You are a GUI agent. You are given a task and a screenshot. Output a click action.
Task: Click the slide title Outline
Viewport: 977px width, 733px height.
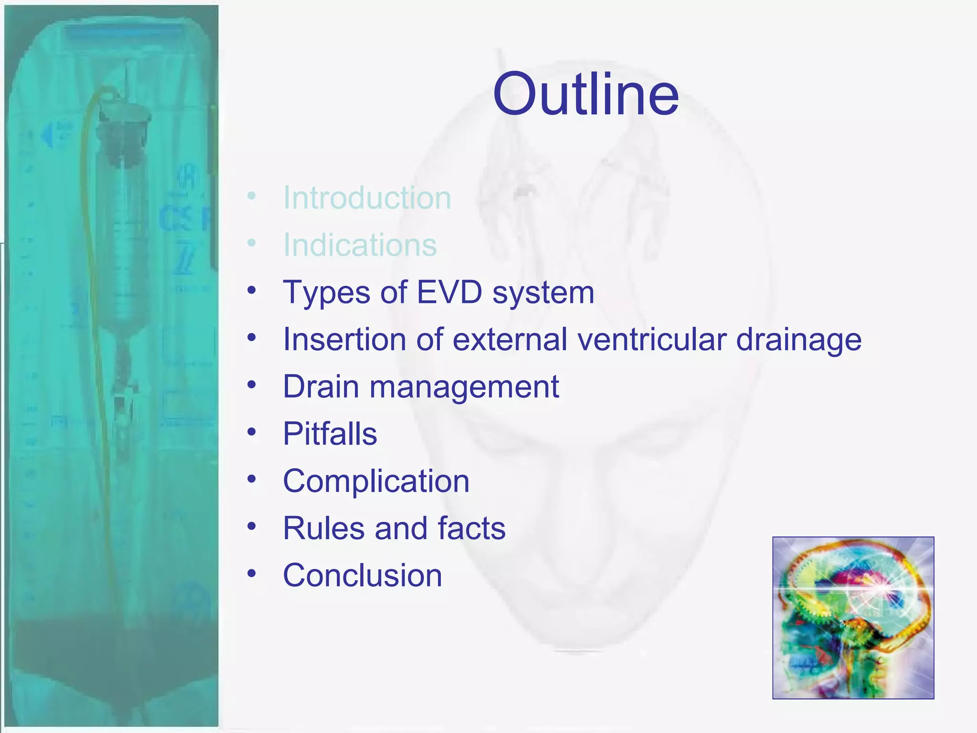pyautogui.click(x=586, y=94)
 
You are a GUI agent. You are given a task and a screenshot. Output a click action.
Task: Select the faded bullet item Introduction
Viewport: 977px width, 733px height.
pyautogui.click(x=367, y=198)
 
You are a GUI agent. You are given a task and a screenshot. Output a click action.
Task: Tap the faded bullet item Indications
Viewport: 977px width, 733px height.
pyautogui.click(x=360, y=245)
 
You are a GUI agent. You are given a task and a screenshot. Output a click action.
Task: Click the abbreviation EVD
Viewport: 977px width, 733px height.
pyautogui.click(x=449, y=292)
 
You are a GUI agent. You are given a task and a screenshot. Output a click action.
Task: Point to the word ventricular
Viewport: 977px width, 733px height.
pyautogui.click(x=652, y=339)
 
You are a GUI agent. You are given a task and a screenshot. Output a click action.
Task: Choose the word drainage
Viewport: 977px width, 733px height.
pyautogui.click(x=799, y=340)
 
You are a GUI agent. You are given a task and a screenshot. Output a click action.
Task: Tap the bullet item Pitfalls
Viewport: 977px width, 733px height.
pyautogui.click(x=330, y=434)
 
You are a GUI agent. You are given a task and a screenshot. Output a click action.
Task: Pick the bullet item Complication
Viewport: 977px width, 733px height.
pyautogui.click(x=376, y=481)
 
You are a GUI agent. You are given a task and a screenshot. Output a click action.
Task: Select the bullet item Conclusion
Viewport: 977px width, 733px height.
pyautogui.click(x=363, y=575)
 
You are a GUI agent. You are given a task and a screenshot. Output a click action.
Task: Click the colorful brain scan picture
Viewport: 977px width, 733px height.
pyautogui.click(x=853, y=618)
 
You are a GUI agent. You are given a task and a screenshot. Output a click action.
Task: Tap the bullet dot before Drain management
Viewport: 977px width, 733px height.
pyautogui.click(x=252, y=385)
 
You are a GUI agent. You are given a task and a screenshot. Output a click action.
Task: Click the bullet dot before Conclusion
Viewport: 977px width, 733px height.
pyautogui.click(x=252, y=573)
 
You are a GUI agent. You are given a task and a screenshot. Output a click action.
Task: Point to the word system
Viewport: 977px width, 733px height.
pyautogui.click(x=543, y=293)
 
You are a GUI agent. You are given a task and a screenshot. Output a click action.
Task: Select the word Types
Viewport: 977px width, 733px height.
pyautogui.click(x=326, y=293)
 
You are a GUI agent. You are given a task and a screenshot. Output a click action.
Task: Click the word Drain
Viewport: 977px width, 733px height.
pyautogui.click(x=321, y=387)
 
